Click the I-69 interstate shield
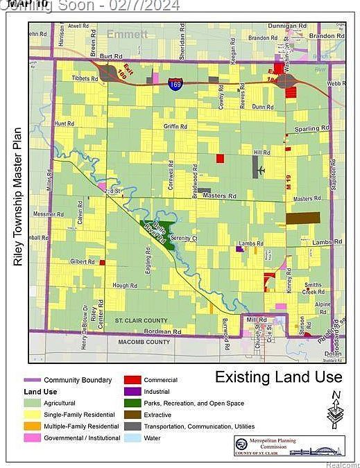pyautogui.click(x=175, y=85)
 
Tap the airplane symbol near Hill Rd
pyautogui.click(x=261, y=170)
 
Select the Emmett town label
pyautogui.click(x=127, y=33)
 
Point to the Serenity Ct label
pyautogui.click(x=185, y=239)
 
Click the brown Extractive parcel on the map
pyautogui.click(x=302, y=218)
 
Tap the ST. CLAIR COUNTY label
pyautogui.click(x=142, y=320)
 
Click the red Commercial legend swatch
pyautogui.click(x=132, y=380)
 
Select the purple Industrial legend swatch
pyautogui.click(x=132, y=392)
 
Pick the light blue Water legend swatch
pyautogui.click(x=132, y=437)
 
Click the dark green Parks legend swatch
pyautogui.click(x=132, y=403)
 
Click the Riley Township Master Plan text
pyautogui.click(x=19, y=198)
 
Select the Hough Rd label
pyautogui.click(x=125, y=286)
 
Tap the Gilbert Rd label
pyautogui.click(x=83, y=261)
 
